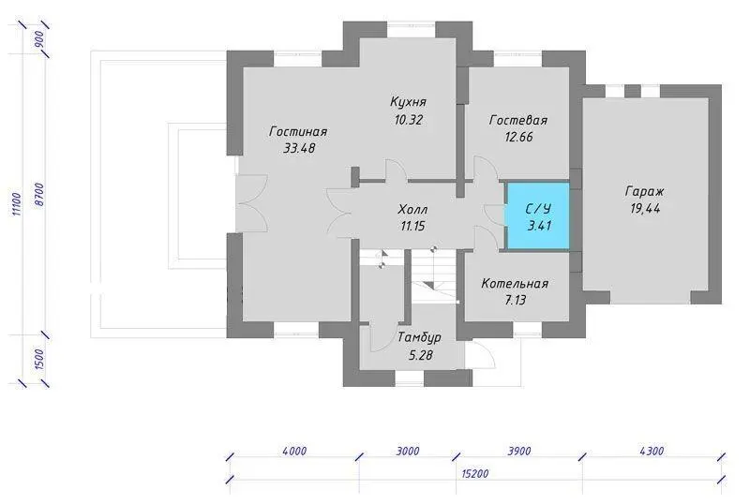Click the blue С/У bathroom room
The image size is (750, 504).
(x=538, y=215)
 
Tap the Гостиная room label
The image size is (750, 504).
(x=298, y=131)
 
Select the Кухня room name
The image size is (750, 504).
(x=408, y=102)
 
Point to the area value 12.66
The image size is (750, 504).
(x=518, y=137)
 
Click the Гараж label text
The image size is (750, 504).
(x=644, y=192)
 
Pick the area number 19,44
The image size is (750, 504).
(x=645, y=209)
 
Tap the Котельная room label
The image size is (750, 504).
(x=515, y=284)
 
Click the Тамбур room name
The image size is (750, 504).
(x=419, y=337)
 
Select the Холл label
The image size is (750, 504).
(x=412, y=210)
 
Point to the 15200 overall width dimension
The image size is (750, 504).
(x=475, y=474)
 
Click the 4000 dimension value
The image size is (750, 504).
(x=294, y=451)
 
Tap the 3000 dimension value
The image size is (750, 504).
(x=408, y=451)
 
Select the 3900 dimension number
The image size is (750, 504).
(x=519, y=451)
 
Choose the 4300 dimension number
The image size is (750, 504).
(x=652, y=451)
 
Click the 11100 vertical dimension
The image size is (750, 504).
(x=16, y=204)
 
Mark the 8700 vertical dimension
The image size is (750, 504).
(x=39, y=195)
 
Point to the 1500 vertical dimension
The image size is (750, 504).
(x=39, y=359)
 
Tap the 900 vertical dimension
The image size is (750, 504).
(x=39, y=38)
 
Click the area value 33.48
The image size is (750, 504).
(x=299, y=148)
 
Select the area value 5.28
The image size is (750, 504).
(x=420, y=355)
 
